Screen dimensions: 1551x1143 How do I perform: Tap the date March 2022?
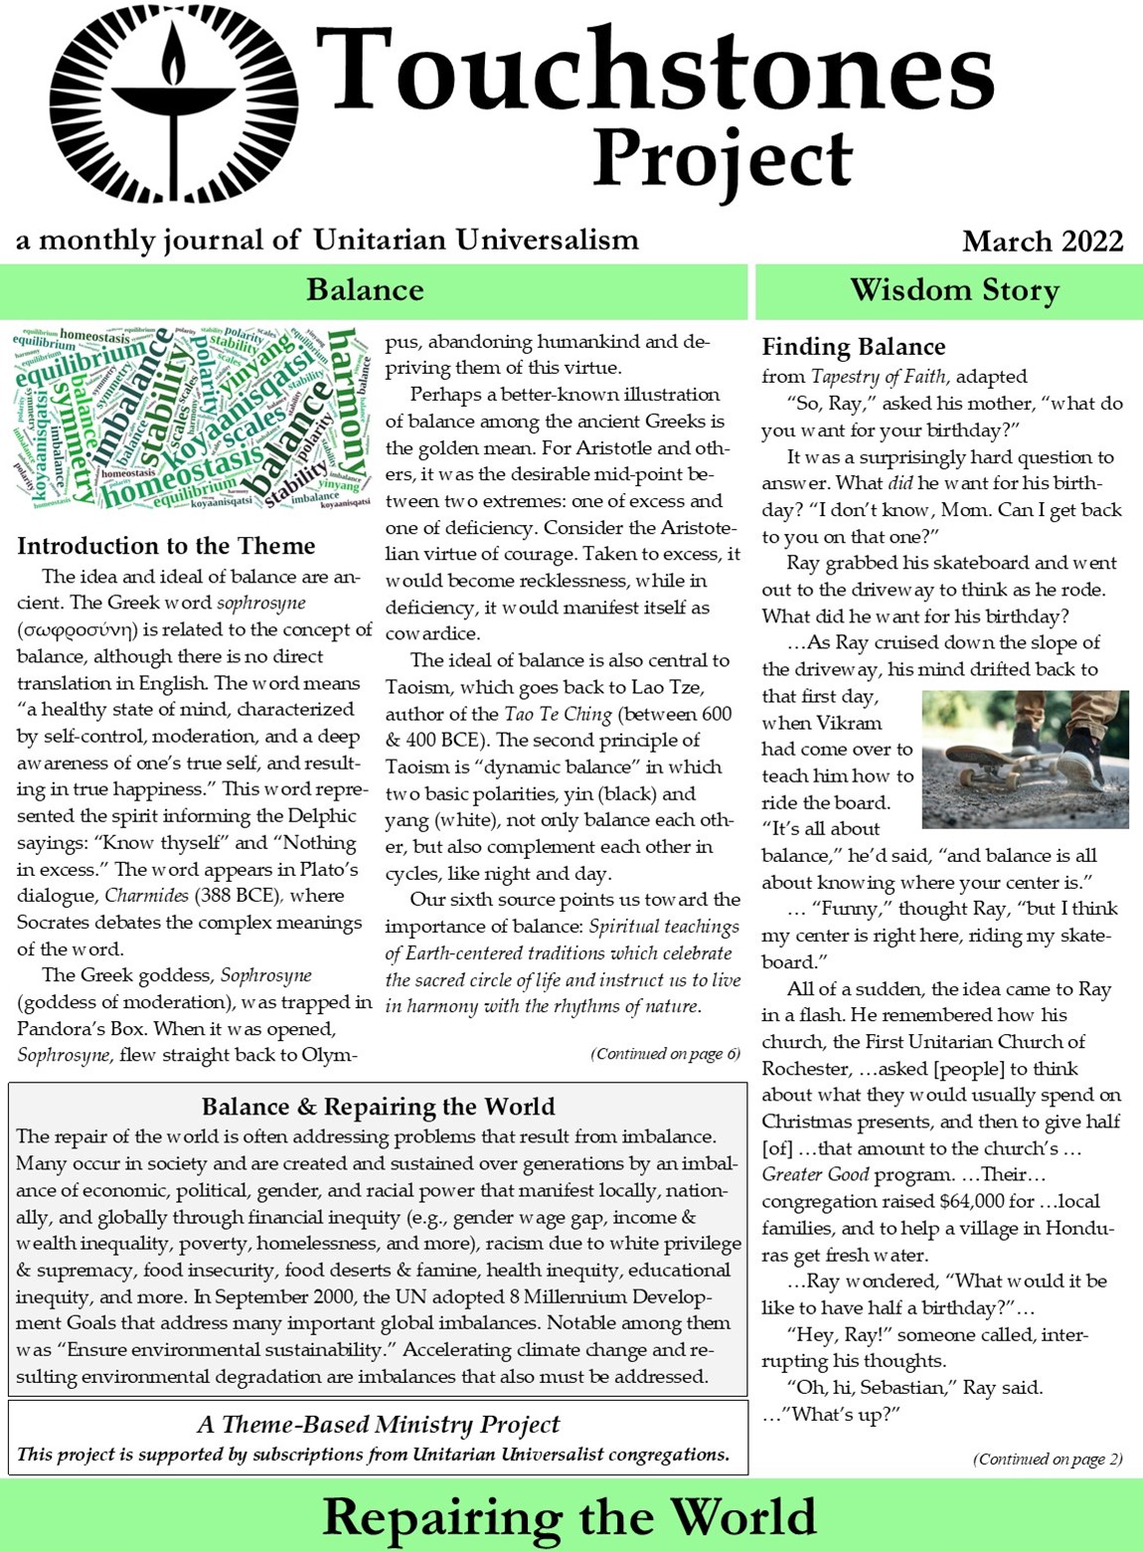pos(1042,241)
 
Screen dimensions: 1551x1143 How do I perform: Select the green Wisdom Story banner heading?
pos(954,290)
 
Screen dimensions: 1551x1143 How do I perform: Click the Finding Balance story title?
pos(853,347)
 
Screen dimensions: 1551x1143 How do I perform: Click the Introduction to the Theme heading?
pos(166,546)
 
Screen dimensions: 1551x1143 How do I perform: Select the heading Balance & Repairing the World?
pos(378,1107)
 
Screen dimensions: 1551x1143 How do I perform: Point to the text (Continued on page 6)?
pos(665,1054)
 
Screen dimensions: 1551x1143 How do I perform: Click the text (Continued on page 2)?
pos(1048,1460)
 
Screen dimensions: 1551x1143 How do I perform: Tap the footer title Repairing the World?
pos(570,1517)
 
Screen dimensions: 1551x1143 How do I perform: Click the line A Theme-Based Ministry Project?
pos(378,1425)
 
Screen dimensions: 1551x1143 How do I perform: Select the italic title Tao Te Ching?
pos(561,714)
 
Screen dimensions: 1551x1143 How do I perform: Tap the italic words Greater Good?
pos(815,1175)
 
